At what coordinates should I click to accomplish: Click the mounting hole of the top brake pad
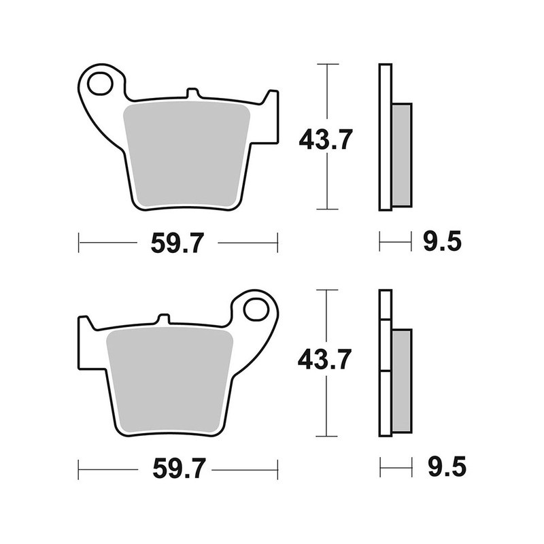(x=99, y=84)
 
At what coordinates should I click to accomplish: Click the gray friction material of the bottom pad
(x=170, y=377)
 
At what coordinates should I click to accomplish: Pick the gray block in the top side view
(x=402, y=154)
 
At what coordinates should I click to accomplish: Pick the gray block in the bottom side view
(x=402, y=380)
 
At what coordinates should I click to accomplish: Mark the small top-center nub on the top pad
(x=192, y=93)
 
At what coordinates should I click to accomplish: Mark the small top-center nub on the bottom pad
(x=164, y=319)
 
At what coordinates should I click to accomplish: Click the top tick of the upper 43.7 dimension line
(x=328, y=65)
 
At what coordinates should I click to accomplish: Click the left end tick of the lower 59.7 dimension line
(x=80, y=469)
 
